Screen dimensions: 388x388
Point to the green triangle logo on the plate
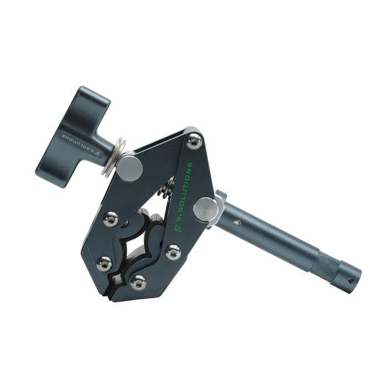coord(178,228)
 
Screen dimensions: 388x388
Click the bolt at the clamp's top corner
coord(194,141)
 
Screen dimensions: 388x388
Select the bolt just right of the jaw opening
coord(173,252)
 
